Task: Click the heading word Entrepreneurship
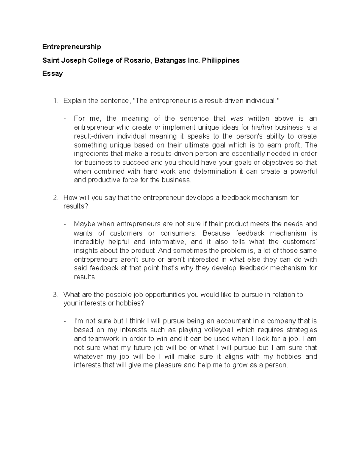point(72,47)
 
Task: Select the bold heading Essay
point(52,74)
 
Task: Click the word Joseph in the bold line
point(74,60)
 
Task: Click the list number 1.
point(55,101)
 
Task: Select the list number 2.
point(55,198)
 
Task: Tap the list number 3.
point(55,295)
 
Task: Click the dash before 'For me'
point(65,119)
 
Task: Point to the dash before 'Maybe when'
point(65,224)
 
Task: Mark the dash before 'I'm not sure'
point(65,321)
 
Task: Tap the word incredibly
point(89,242)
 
